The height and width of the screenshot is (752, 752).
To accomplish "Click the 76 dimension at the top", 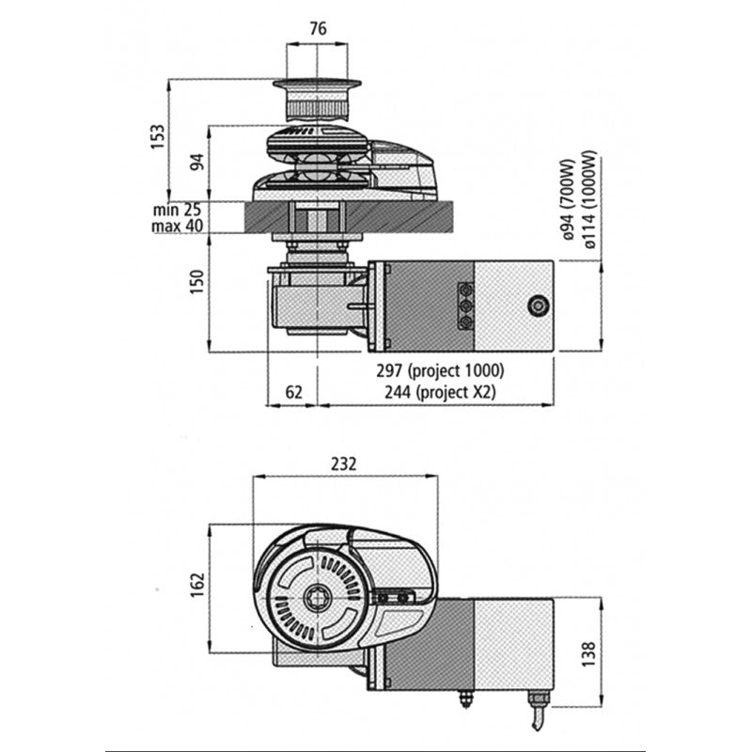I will (x=318, y=29).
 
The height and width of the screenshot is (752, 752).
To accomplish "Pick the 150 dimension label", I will (x=196, y=280).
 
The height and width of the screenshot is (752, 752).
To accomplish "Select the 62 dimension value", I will (x=292, y=392).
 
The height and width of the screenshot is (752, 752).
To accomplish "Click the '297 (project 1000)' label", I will (x=450, y=371).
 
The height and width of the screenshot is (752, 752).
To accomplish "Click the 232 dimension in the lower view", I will (x=344, y=463).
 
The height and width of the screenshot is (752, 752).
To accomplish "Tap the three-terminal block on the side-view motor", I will (x=464, y=305).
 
